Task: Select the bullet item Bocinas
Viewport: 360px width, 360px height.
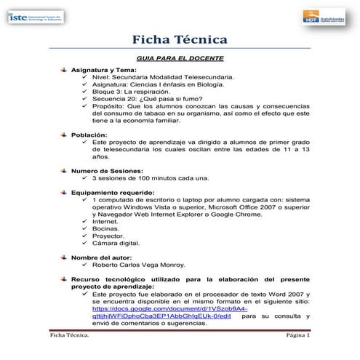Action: point(105,228)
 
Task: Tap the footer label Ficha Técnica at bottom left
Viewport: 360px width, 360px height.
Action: point(70,336)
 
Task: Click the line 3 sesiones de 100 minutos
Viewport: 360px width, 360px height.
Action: point(150,177)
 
